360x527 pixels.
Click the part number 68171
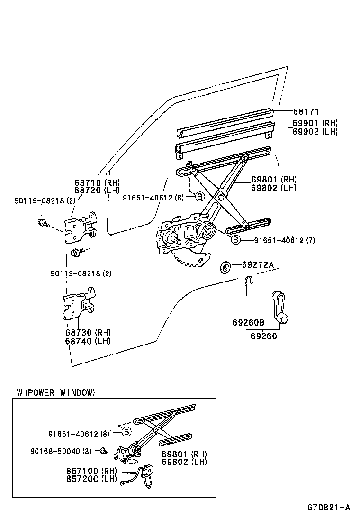pos(306,112)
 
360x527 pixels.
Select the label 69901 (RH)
pos(315,123)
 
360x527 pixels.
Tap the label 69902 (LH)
pos(315,132)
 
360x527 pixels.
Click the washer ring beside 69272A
pos(225,267)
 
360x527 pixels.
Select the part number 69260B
pos(248,322)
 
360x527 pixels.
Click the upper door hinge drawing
pos(81,228)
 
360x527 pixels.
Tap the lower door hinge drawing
pos(80,305)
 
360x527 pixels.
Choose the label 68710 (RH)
pos(97,182)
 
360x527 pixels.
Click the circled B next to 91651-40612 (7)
pos(235,241)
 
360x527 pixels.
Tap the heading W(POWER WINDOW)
pos(56,392)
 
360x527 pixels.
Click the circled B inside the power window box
pos(126,431)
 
